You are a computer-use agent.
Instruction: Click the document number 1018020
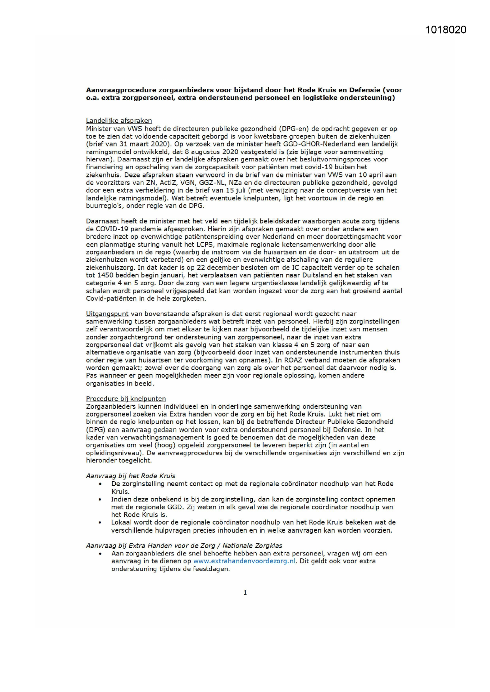(x=446, y=30)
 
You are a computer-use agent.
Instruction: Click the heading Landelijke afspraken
(x=119, y=121)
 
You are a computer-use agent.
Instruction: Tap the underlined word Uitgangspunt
(x=107, y=314)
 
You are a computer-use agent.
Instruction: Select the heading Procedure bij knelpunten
(x=126, y=398)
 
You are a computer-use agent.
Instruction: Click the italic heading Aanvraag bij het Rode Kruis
(x=130, y=476)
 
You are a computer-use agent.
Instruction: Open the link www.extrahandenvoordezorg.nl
(x=244, y=561)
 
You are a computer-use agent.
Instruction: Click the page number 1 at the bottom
(x=245, y=592)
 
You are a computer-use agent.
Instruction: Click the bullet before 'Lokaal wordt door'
(x=100, y=522)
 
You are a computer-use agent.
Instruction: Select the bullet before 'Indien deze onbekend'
(x=100, y=499)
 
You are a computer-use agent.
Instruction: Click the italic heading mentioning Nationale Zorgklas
(x=184, y=546)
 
